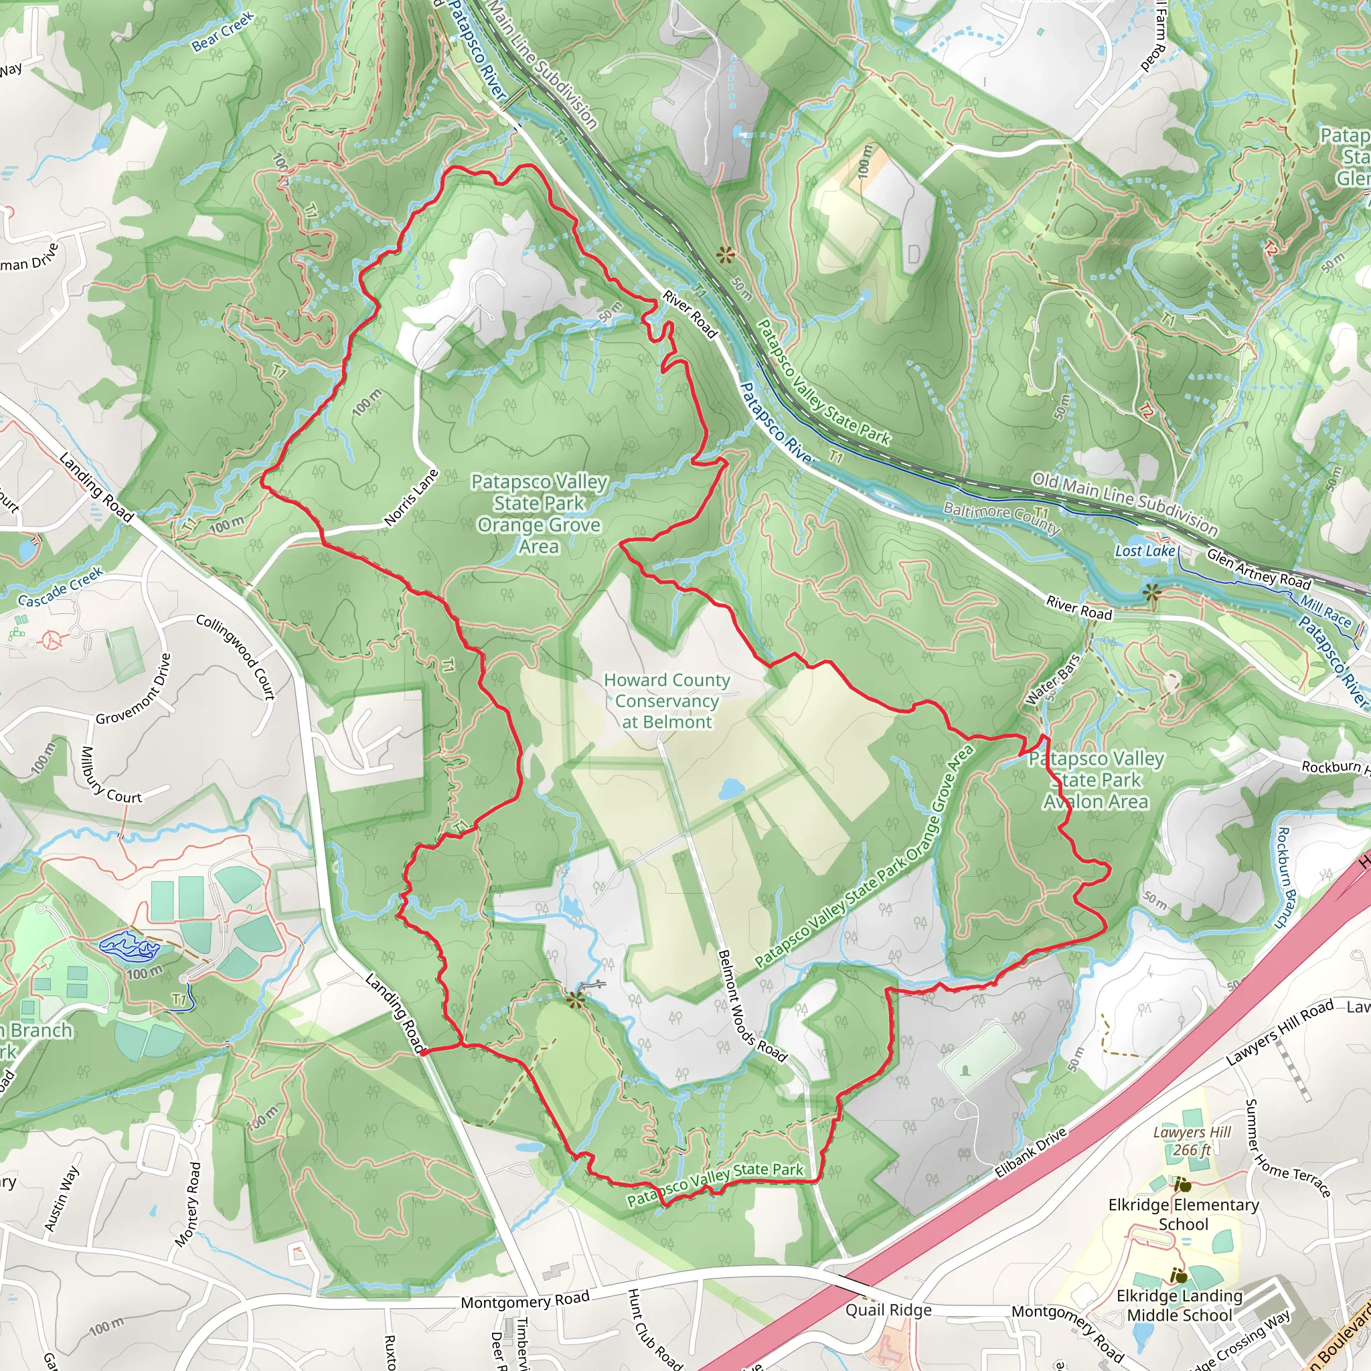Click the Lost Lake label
point(1145,551)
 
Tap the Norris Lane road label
point(412,497)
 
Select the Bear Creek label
point(222,32)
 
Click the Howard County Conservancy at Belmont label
point(666,700)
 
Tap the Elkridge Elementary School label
point(1183,1214)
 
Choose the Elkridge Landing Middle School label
point(1179,1305)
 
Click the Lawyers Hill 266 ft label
point(1192,1141)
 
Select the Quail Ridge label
point(888,1310)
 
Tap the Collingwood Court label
point(236,657)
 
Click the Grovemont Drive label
point(133,689)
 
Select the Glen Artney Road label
point(1258,569)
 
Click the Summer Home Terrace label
point(1287,1149)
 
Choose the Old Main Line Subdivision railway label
point(1124,503)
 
